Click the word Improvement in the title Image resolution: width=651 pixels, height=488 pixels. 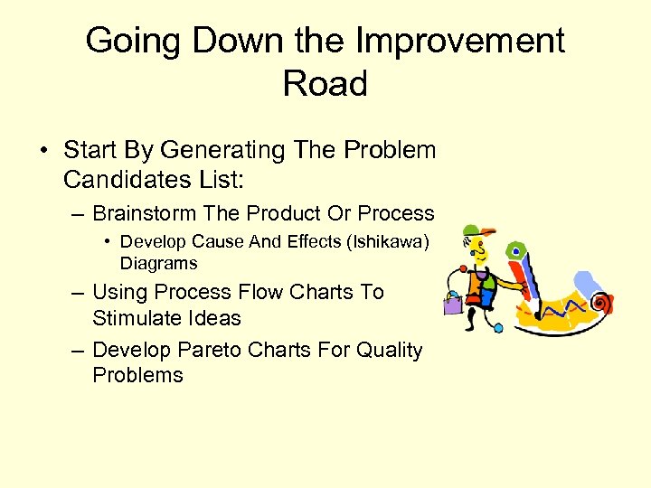(x=458, y=42)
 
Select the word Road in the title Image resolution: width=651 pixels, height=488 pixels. (x=325, y=84)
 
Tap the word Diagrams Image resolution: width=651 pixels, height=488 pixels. (x=158, y=263)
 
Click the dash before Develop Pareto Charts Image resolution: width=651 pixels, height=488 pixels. (x=78, y=351)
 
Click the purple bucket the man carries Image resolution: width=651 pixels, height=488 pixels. (x=452, y=303)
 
